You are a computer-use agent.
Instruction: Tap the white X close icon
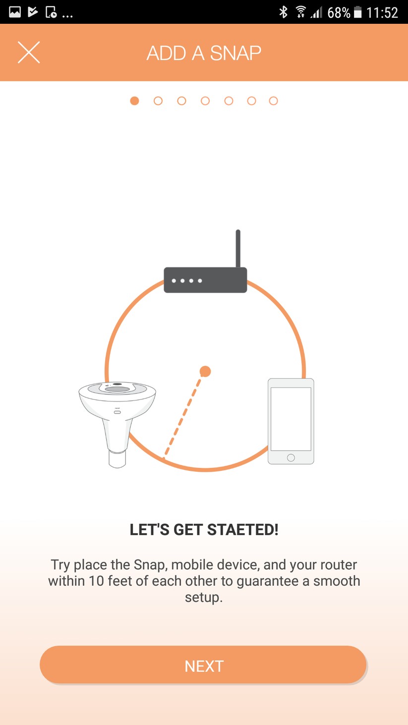tap(29, 52)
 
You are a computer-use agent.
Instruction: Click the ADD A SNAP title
tap(204, 53)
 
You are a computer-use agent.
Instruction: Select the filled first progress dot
tap(134, 101)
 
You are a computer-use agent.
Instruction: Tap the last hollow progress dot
tap(273, 101)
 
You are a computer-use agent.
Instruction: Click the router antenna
tap(238, 249)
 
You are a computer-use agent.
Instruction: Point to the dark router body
tap(205, 280)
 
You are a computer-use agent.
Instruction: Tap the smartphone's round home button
tap(291, 457)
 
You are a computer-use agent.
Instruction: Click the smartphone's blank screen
tap(291, 419)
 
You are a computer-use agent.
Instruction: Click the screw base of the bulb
tap(117, 458)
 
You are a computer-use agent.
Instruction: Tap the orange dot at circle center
tap(205, 372)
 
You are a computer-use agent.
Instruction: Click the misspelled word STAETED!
tap(242, 530)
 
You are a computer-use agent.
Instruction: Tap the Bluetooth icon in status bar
tap(284, 12)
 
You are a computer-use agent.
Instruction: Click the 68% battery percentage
tap(339, 12)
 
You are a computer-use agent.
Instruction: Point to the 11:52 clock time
tap(382, 12)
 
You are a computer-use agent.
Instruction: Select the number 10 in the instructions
tap(96, 581)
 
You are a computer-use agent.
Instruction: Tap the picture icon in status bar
tap(15, 12)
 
